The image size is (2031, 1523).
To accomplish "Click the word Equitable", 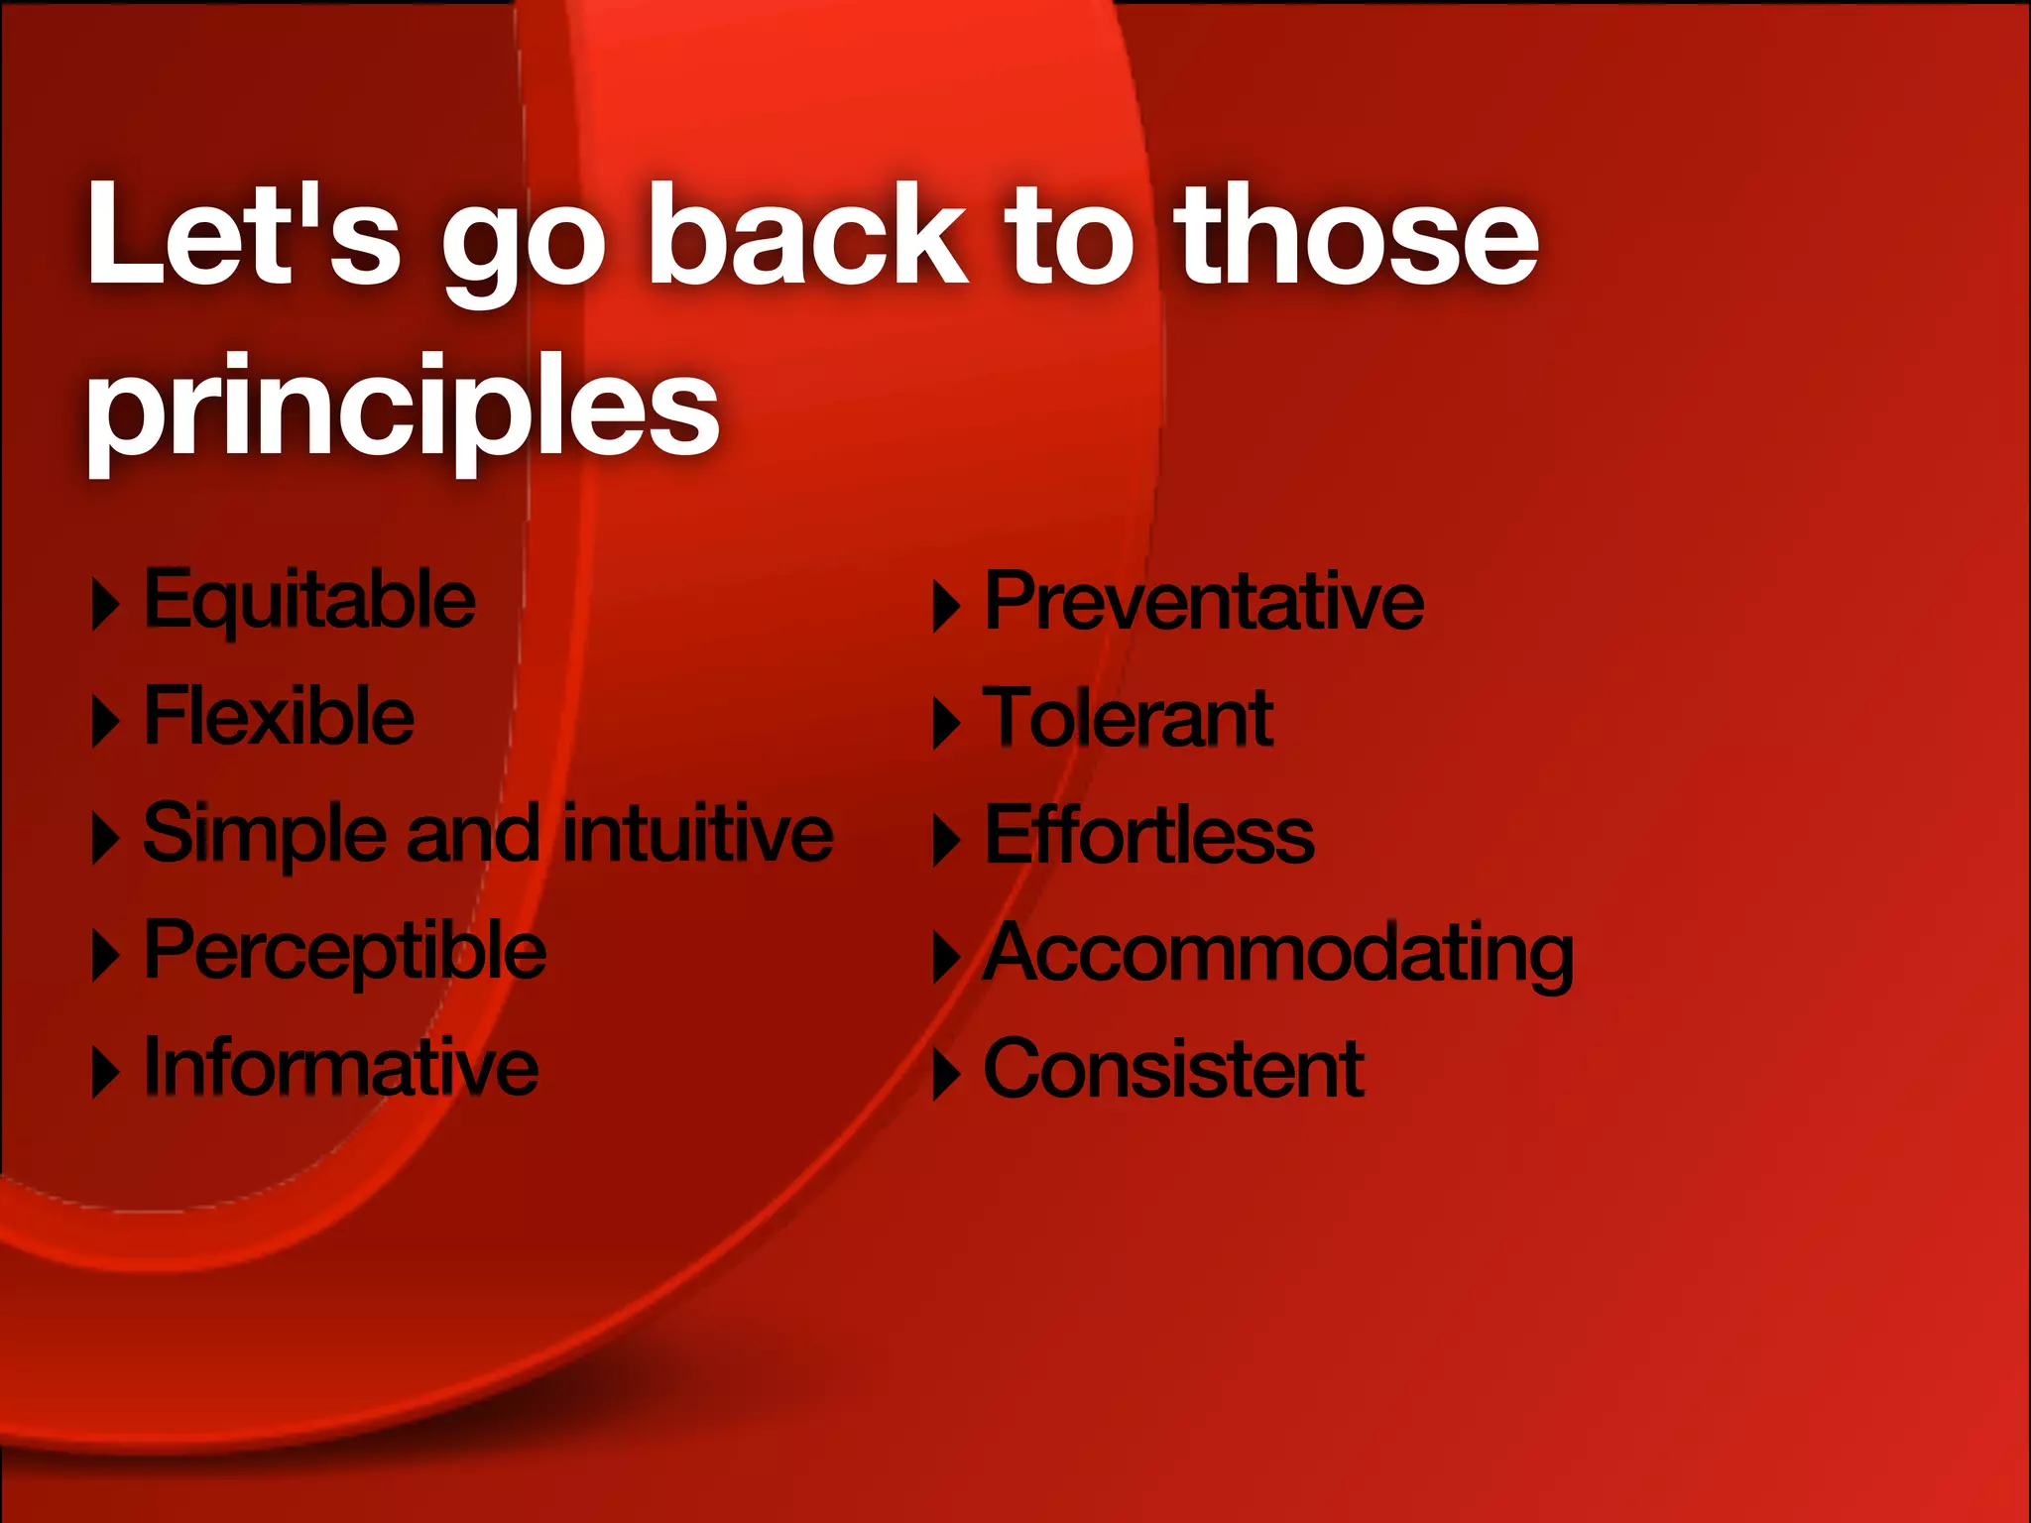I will tap(309, 601).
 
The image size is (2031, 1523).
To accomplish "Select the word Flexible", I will tap(279, 716).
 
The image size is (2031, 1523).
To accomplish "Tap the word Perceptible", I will tap(344, 952).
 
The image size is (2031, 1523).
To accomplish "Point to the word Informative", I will tap(341, 1067).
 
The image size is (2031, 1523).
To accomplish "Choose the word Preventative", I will tap(1203, 602).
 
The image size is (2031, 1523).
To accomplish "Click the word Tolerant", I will tap(1128, 718).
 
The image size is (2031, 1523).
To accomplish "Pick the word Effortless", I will tap(1148, 835).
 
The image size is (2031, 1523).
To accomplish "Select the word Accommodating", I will tap(1277, 954).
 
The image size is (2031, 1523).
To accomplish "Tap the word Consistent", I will tap(1173, 1069).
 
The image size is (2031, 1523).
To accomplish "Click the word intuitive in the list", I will tap(698, 833).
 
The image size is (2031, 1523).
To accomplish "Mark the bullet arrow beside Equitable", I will tap(105, 604).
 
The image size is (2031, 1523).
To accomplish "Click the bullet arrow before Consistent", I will tap(946, 1074).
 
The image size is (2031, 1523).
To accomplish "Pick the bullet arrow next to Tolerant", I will tap(946, 723).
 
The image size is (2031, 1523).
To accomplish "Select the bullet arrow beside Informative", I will tap(105, 1073).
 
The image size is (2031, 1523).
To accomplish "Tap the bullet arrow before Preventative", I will tap(946, 606).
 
